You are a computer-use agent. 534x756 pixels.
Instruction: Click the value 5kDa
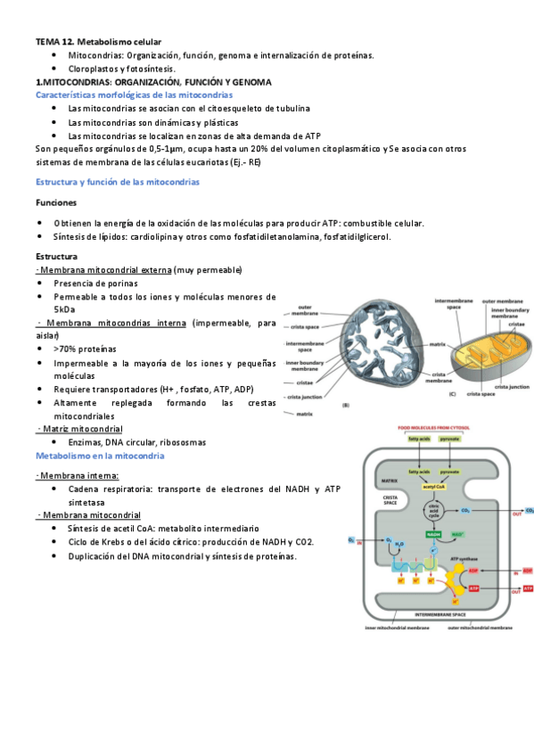64,309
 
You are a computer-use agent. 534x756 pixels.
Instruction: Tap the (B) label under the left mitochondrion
345,406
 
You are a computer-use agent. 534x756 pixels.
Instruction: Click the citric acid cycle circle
434,512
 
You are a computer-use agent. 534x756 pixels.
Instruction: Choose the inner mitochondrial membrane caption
397,628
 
